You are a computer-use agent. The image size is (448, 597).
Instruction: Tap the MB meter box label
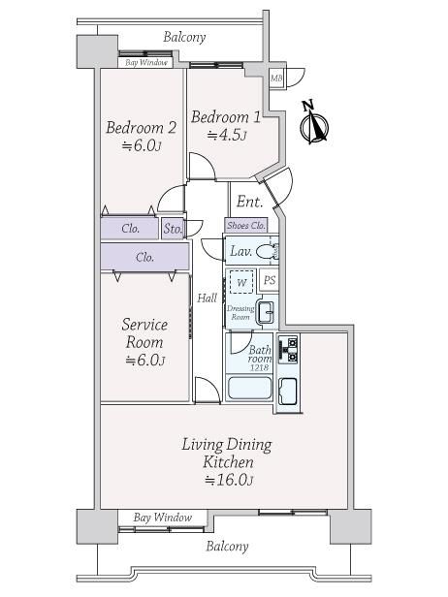coord(276,79)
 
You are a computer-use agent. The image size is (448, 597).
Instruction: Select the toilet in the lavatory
coord(267,251)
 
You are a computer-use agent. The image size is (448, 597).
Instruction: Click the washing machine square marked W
coord(241,282)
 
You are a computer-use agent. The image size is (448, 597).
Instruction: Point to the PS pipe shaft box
coord(270,280)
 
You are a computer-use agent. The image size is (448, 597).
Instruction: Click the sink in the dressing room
coord(266,311)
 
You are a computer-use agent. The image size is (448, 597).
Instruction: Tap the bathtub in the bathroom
coord(249,388)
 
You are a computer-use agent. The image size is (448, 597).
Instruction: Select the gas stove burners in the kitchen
coord(288,349)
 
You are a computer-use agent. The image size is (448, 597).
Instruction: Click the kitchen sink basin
coord(288,392)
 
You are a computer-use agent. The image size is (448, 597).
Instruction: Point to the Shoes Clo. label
coord(246,226)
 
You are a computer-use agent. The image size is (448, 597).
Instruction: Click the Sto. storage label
coord(173,229)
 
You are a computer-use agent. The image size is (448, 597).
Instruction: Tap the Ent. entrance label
coord(249,202)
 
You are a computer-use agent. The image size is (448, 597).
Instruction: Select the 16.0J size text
coord(229,480)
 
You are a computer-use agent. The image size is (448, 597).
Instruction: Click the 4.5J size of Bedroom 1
coord(227,135)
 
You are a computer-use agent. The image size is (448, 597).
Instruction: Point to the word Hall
coord(207,298)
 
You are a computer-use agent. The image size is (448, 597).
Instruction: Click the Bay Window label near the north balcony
coord(146,62)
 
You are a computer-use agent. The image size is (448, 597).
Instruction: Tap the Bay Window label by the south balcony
coord(163,518)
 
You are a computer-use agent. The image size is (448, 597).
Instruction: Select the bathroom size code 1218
coord(260,367)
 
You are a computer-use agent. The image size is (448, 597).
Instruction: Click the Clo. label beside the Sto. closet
coord(130,229)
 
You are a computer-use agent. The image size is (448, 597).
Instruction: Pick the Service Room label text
coord(144,333)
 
